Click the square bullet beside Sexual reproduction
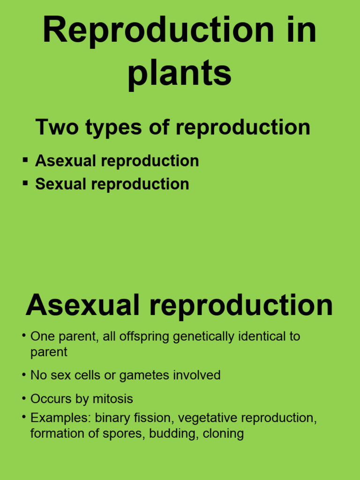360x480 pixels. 25,183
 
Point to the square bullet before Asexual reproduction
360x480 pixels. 25,160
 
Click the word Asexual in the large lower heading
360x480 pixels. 82,305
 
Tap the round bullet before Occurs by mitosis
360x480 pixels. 23,398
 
